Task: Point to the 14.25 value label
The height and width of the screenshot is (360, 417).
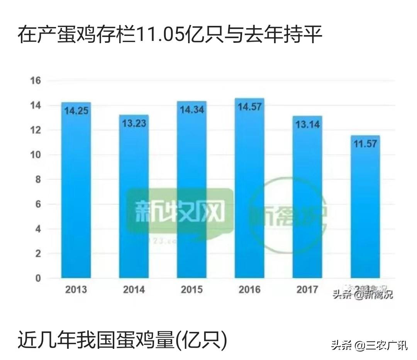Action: pyautogui.click(x=76, y=111)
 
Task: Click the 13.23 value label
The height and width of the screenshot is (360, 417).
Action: pyautogui.click(x=134, y=123)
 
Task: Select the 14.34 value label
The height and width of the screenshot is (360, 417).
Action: pyautogui.click(x=192, y=110)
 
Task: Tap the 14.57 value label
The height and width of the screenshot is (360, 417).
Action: pyautogui.click(x=250, y=107)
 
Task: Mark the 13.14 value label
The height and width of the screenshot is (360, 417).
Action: pyautogui.click(x=308, y=125)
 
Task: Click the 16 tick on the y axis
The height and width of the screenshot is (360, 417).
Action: pyautogui.click(x=36, y=81)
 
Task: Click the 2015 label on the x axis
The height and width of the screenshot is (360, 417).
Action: pyautogui.click(x=192, y=289)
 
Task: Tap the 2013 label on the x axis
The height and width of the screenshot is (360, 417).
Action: pyautogui.click(x=76, y=289)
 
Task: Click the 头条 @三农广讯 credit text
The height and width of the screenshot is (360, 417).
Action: pyautogui.click(x=369, y=345)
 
